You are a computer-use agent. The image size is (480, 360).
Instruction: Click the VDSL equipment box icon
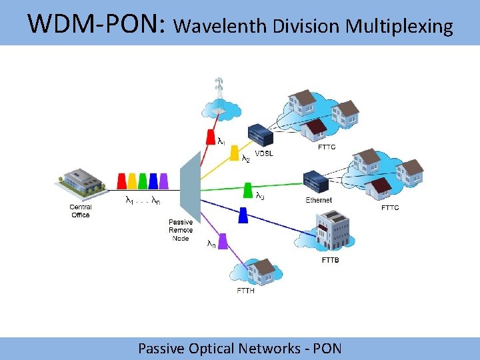260,135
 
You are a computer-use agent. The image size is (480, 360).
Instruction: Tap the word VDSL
264,154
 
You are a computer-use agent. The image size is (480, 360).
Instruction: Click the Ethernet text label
319,200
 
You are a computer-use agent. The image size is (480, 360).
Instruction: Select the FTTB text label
330,260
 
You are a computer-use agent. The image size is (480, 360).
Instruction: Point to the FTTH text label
245,291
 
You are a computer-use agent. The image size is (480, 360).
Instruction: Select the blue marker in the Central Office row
153,181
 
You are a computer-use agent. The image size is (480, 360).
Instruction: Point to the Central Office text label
80,211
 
